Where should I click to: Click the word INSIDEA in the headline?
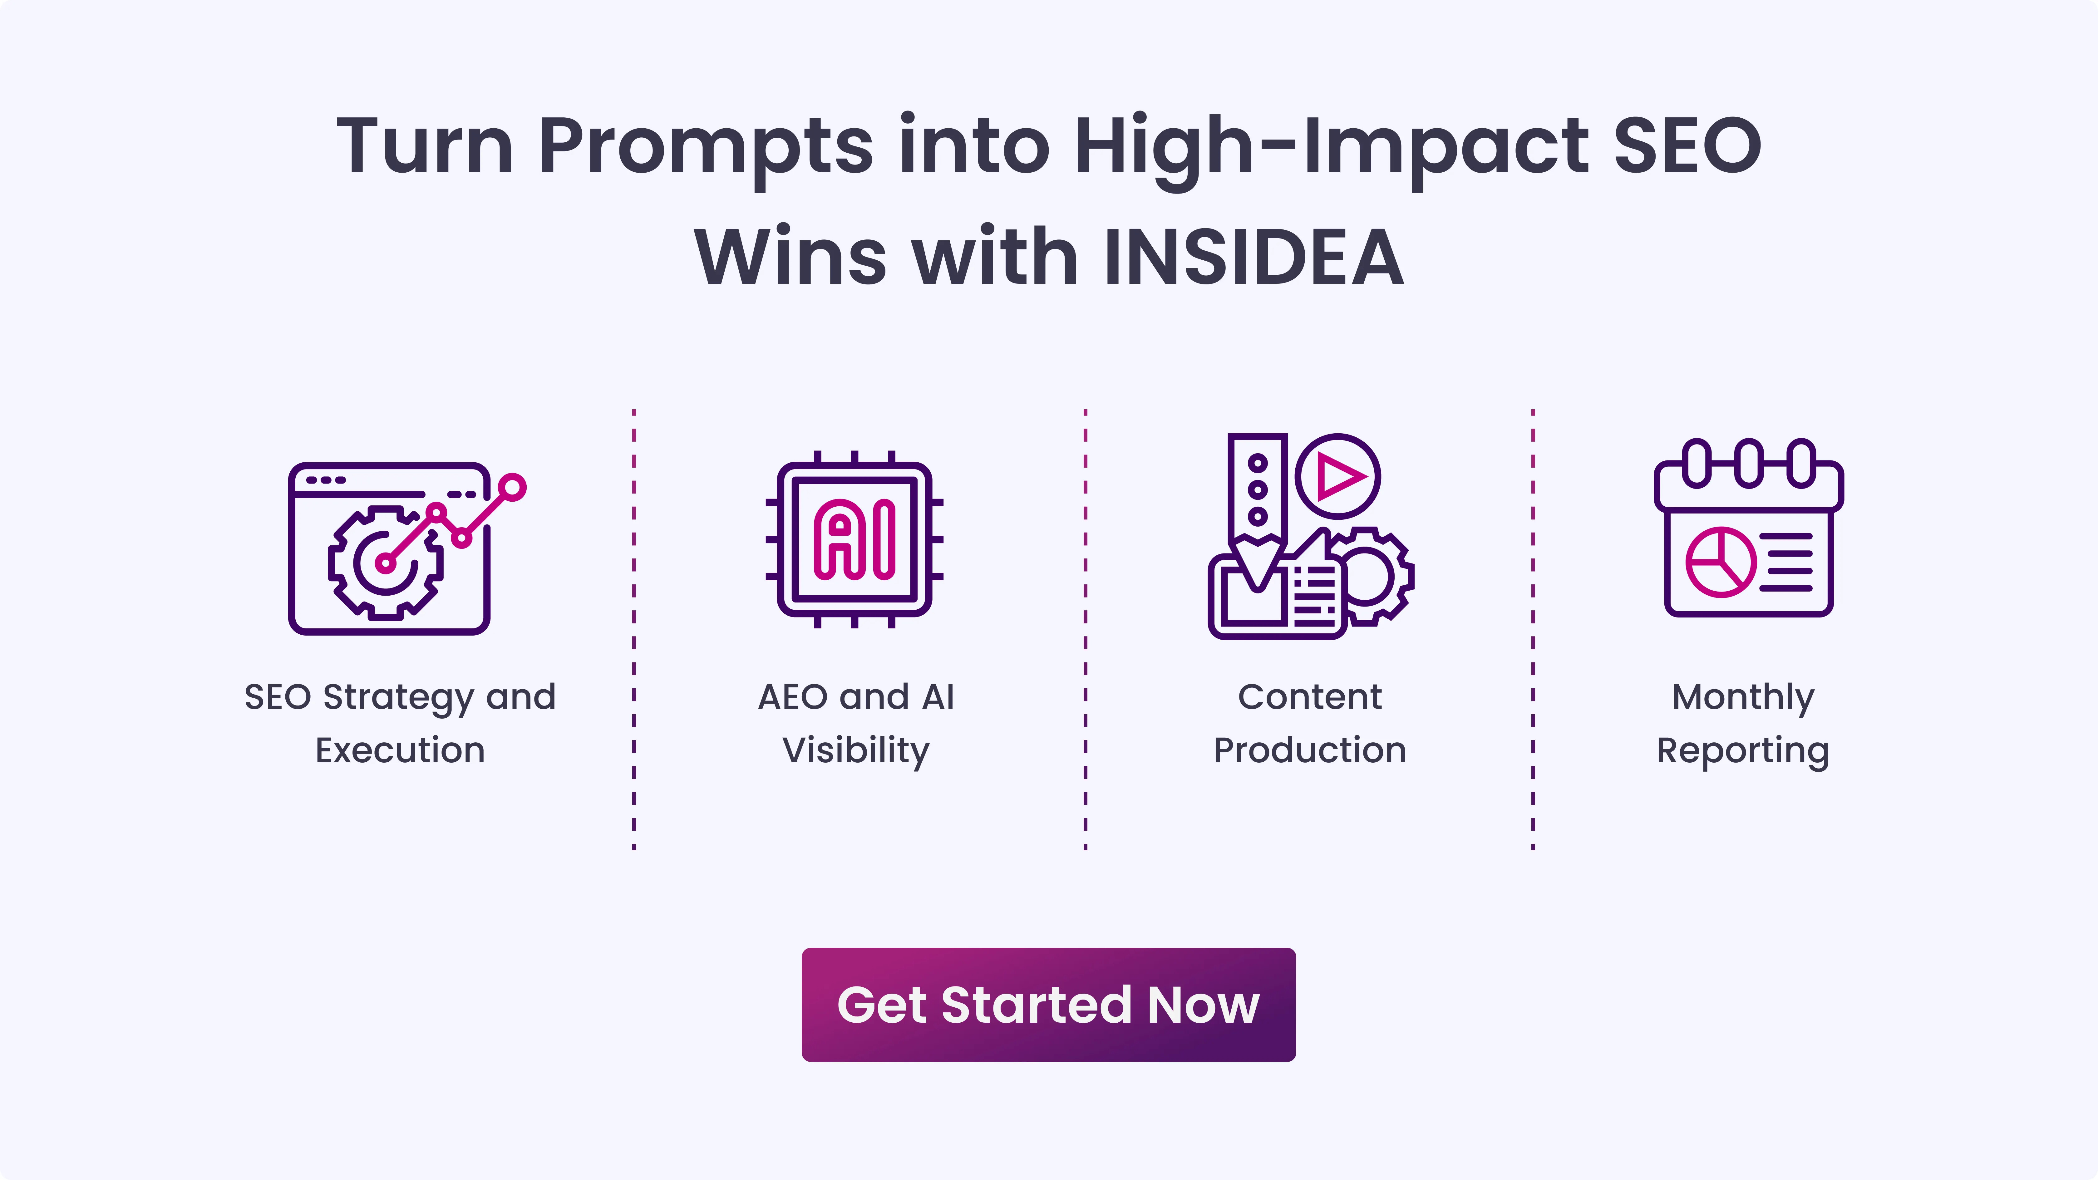click(x=1254, y=257)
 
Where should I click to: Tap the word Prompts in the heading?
click(x=705, y=147)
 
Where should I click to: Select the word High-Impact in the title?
click(x=1331, y=147)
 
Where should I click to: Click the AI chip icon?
click(x=854, y=539)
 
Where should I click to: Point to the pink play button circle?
click(x=1338, y=475)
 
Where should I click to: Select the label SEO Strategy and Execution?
click(x=400, y=723)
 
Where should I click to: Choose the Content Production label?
click(x=1310, y=723)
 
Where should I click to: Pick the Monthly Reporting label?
click(x=1743, y=723)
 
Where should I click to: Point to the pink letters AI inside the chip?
click(x=854, y=539)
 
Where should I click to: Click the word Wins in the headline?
click(x=790, y=257)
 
